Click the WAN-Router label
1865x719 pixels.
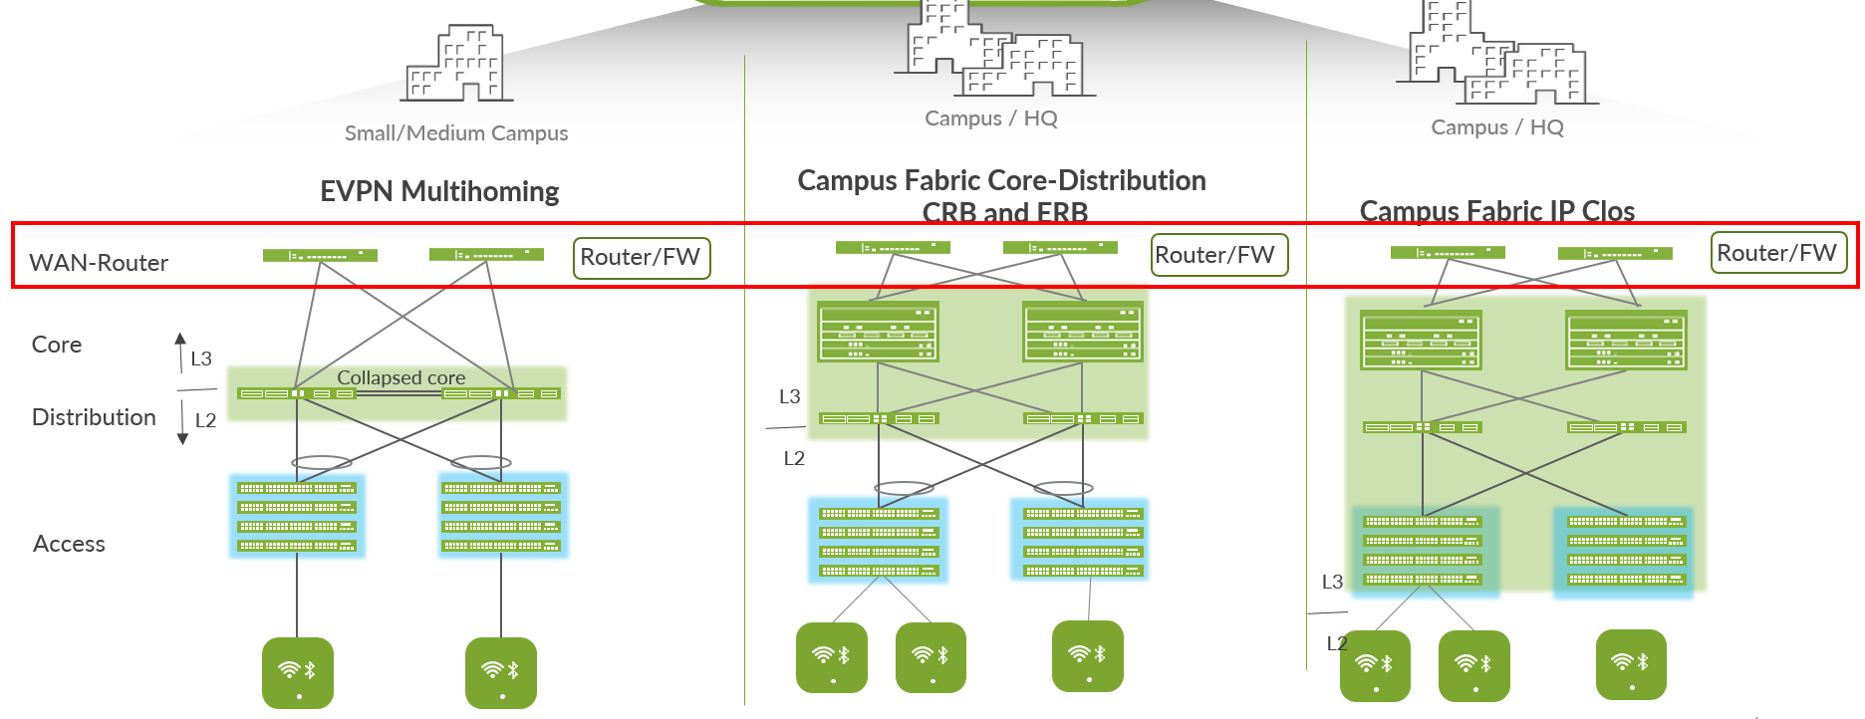coord(99,263)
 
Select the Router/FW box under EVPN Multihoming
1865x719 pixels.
coord(642,258)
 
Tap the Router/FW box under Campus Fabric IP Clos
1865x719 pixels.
coord(1778,253)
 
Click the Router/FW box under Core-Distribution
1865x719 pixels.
coord(1217,255)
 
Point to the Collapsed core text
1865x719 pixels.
coord(400,377)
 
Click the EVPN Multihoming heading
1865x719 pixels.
coord(439,191)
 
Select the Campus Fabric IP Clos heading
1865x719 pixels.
coord(1496,211)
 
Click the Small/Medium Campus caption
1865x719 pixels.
coord(456,133)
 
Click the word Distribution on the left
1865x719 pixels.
coord(94,417)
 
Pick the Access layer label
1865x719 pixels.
coord(69,544)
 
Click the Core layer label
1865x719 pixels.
coord(57,345)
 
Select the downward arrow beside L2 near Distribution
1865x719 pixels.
coord(182,422)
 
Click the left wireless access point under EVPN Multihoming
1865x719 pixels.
coord(298,672)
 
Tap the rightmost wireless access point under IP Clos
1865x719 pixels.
coord(1631,664)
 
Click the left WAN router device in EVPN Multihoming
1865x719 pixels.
coord(320,256)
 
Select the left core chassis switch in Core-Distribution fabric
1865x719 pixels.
coord(878,333)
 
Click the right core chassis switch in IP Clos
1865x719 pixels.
coord(1626,341)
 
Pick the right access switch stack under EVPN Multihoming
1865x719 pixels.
coord(502,516)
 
